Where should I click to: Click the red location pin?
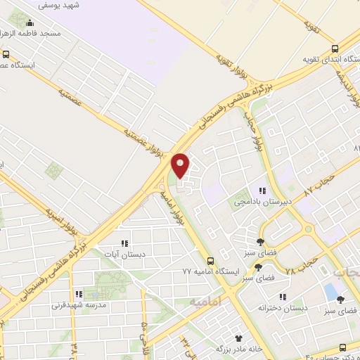click(x=181, y=165)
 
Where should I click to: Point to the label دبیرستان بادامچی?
click(x=262, y=200)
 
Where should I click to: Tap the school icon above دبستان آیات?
click(x=124, y=243)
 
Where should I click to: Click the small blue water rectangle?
click(x=330, y=291)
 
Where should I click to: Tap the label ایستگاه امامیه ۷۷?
click(x=211, y=271)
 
